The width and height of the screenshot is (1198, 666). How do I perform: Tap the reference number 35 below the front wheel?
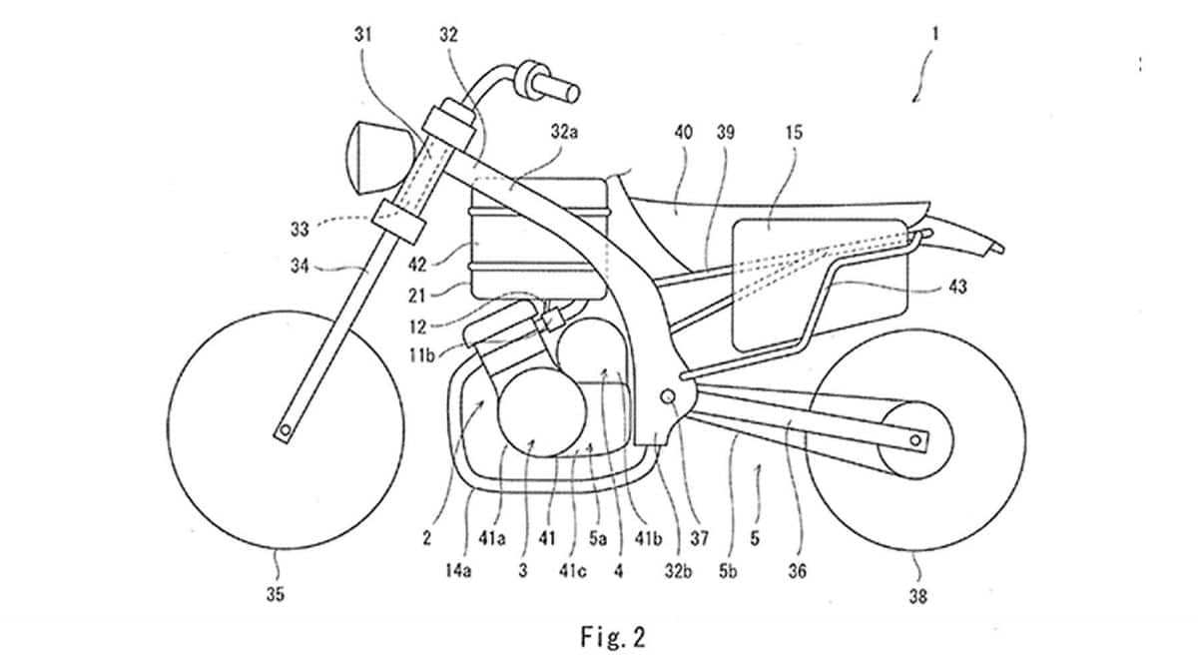pos(274,595)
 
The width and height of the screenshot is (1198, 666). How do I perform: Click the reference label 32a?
pos(562,132)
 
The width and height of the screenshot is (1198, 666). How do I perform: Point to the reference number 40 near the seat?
pos(682,132)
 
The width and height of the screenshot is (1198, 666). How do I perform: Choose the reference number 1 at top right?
pos(934,33)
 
